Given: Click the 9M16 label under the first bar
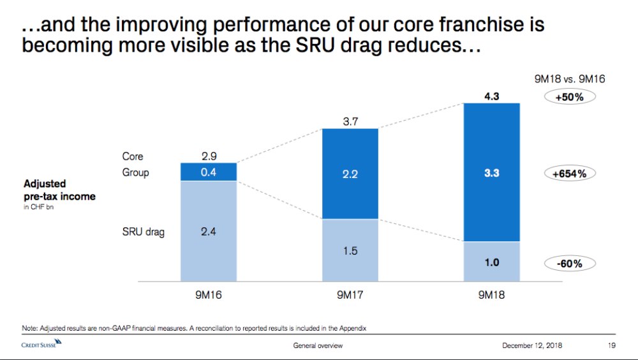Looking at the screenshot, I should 208,297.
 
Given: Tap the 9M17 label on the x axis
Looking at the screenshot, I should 350,297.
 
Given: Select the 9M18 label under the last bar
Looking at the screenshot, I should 491,297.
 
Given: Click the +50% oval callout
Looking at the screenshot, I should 569,98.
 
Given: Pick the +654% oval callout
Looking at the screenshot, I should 569,174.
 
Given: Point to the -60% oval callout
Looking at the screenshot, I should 569,263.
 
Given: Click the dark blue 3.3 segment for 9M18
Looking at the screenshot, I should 491,173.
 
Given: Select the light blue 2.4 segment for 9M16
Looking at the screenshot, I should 208,232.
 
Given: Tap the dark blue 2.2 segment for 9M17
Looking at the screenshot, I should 350,174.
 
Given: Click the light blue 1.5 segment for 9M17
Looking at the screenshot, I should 350,251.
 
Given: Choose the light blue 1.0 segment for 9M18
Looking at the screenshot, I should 491,262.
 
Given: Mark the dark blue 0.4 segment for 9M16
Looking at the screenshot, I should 208,172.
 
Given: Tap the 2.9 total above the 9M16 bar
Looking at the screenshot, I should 208,156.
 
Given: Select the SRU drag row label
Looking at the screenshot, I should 143,232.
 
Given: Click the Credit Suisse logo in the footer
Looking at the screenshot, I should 44,345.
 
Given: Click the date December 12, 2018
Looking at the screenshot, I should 532,346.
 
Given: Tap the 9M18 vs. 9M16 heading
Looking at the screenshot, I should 569,80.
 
